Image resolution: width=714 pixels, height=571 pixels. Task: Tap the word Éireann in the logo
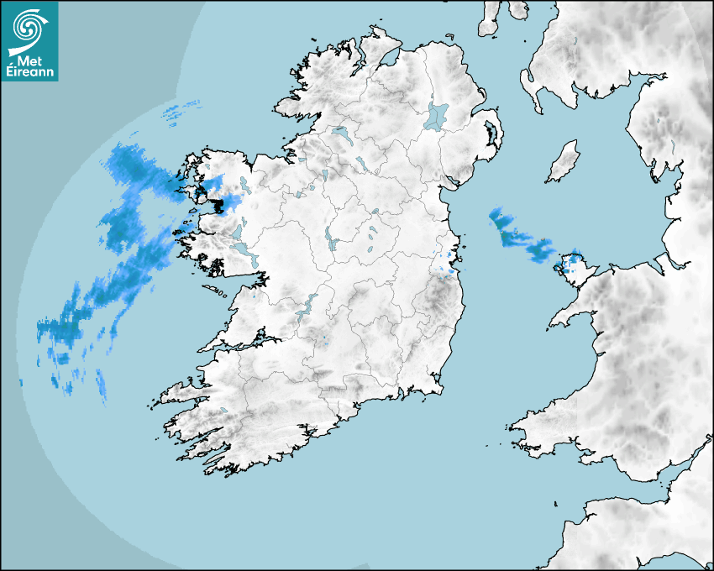coord(29,71)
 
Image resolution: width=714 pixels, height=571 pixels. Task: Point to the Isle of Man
coord(564,162)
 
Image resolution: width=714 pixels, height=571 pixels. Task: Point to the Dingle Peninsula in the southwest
coord(181,391)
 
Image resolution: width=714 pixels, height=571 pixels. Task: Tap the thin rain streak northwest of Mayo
coord(181,109)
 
